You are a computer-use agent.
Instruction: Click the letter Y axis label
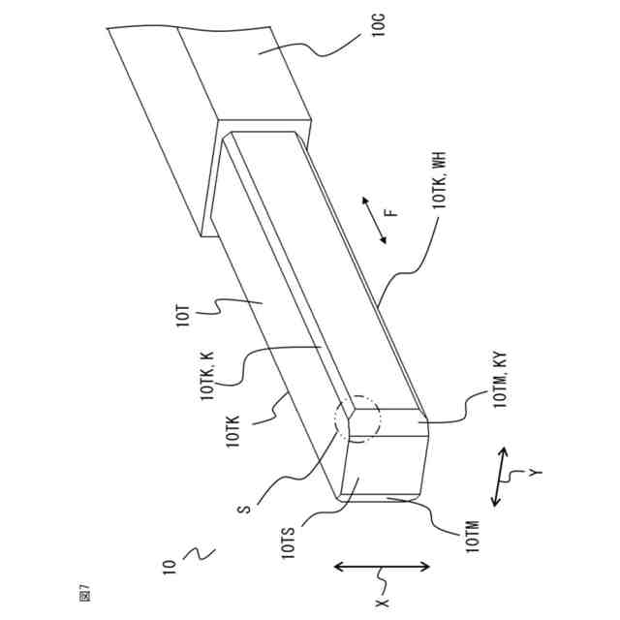click(534, 473)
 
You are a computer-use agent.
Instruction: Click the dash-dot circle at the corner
click(357, 419)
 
